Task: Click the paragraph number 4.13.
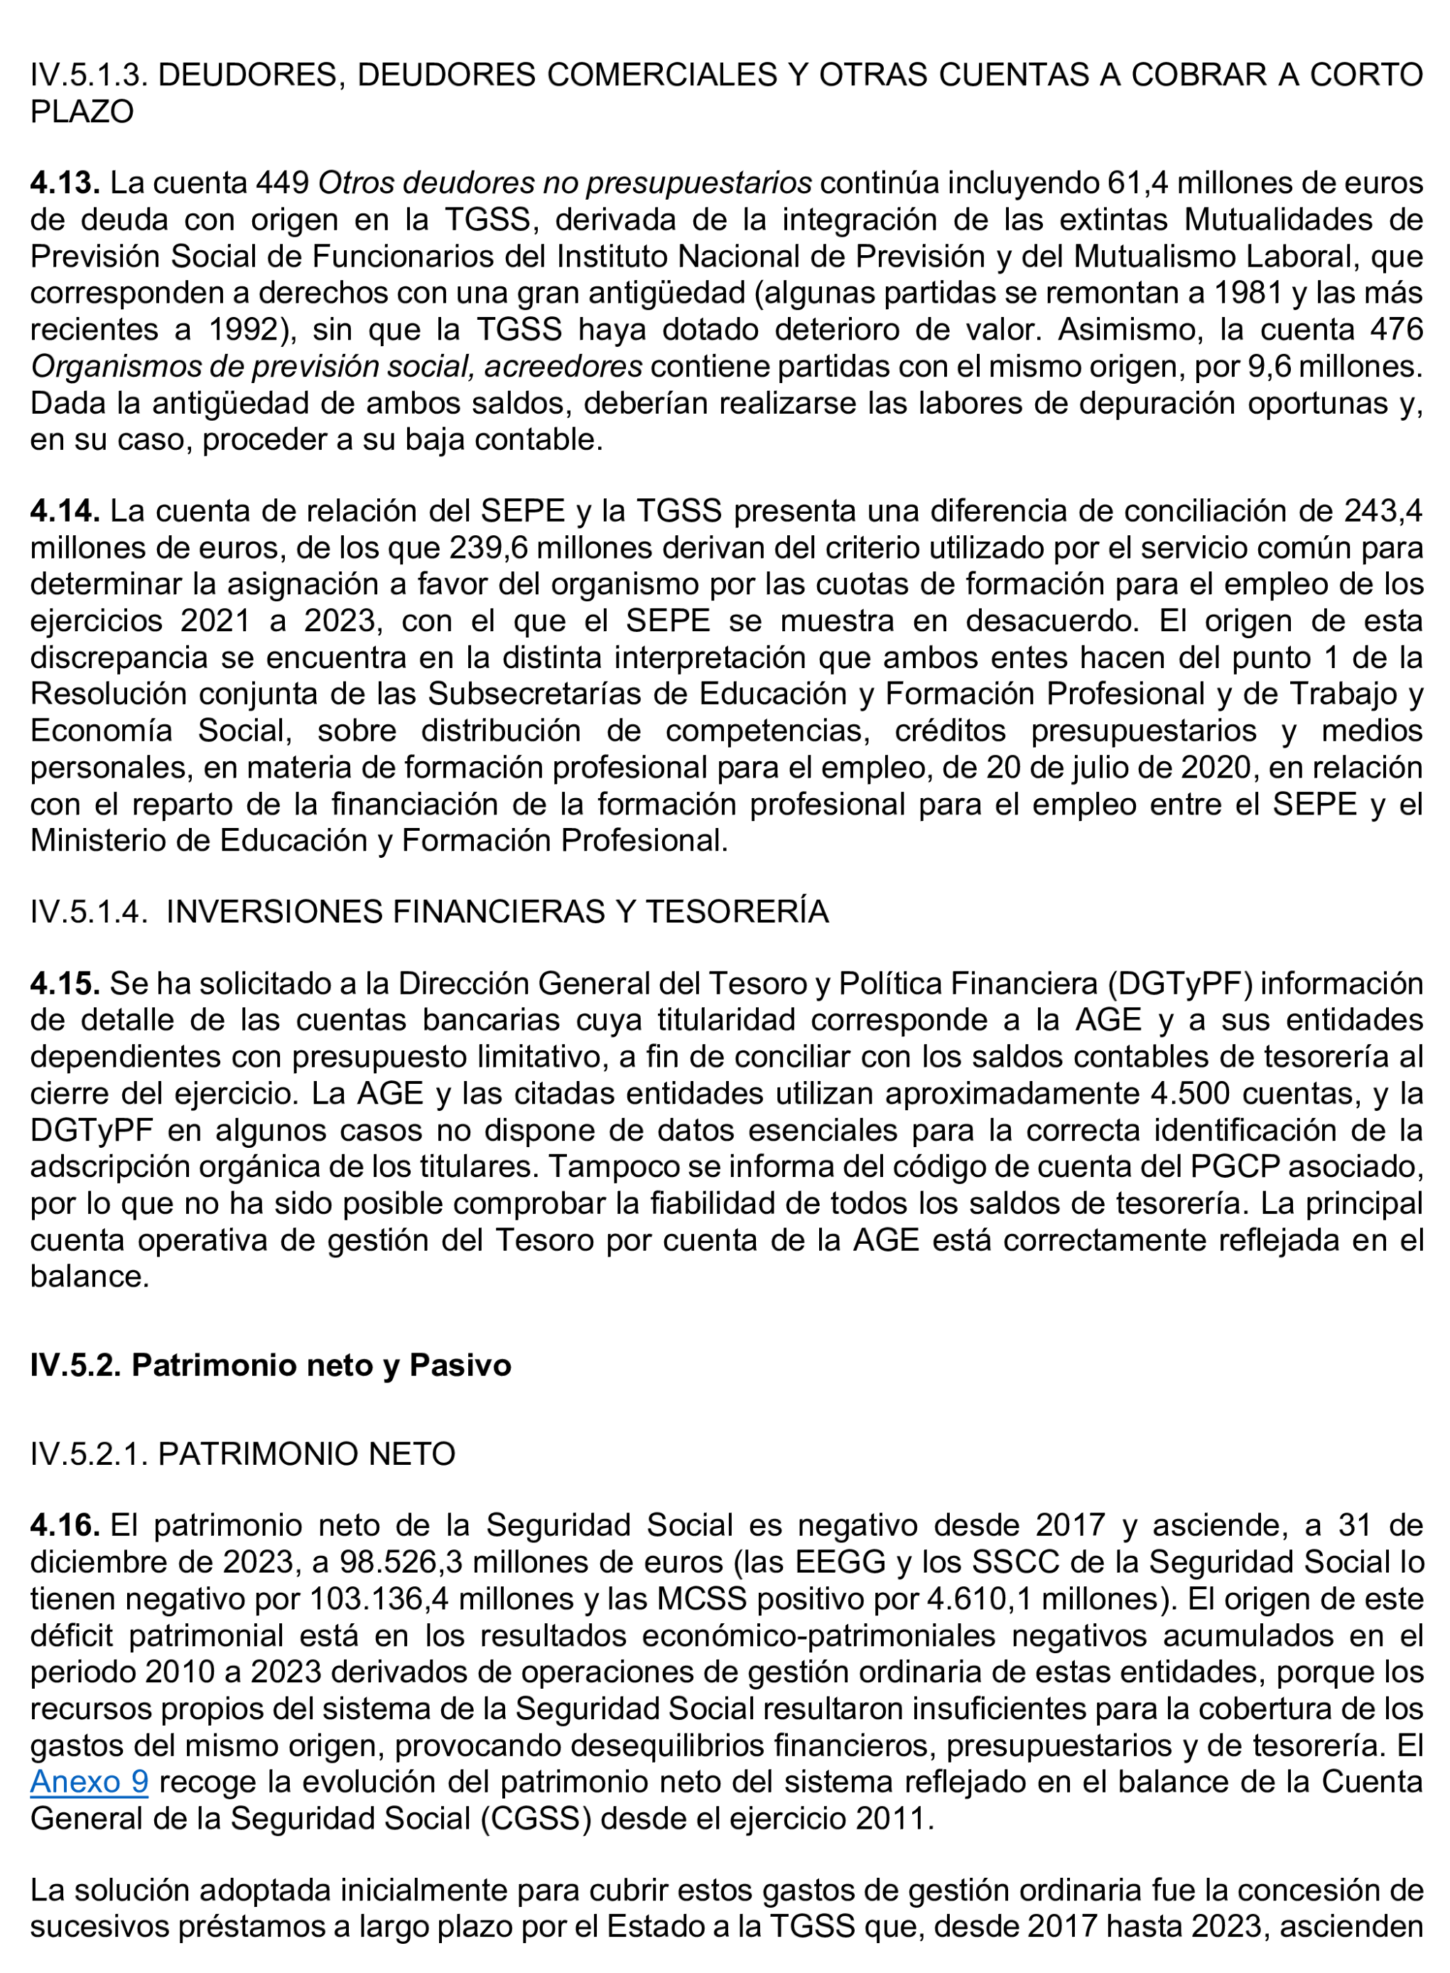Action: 64,183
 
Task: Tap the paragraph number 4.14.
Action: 64,510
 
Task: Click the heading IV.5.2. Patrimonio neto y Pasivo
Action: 271,1365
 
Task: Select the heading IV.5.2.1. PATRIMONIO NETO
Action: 242,1453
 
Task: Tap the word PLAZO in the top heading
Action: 82,112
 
